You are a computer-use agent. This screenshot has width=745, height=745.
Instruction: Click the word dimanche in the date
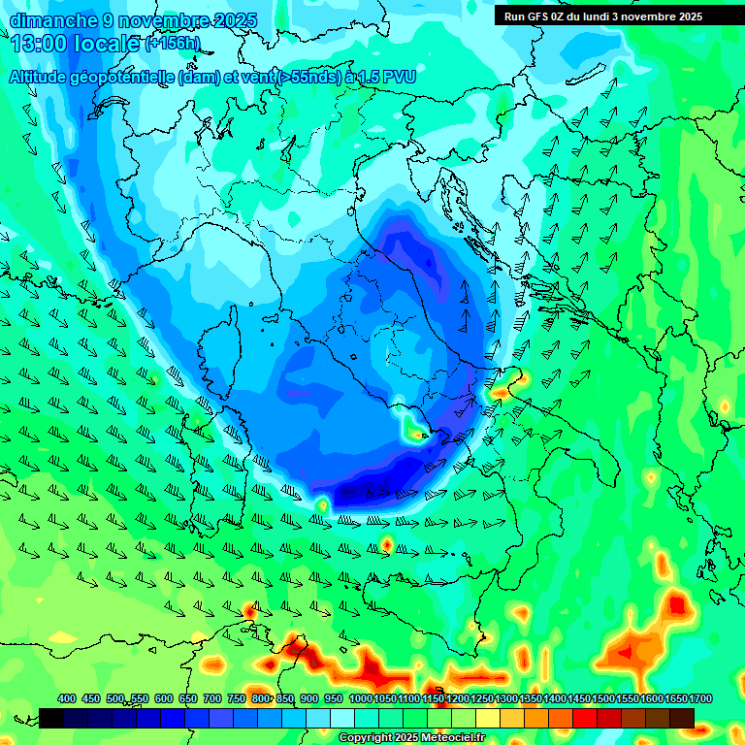(x=49, y=19)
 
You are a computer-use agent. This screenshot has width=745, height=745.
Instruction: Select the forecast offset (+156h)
(x=172, y=43)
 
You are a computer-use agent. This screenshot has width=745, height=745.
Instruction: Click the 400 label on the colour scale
(x=66, y=698)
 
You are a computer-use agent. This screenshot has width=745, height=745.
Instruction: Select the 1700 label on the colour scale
(x=675, y=698)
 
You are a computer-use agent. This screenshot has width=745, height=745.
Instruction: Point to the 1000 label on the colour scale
(x=360, y=698)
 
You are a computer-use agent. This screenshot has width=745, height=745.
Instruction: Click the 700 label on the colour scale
(x=211, y=698)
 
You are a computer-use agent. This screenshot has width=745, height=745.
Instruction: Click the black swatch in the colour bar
(x=51, y=718)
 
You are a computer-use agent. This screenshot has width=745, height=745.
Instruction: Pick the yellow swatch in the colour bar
(x=488, y=718)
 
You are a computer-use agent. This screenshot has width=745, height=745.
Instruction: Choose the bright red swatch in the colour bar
(x=585, y=718)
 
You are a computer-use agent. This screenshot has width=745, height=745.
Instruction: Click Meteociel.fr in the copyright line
(x=451, y=737)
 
